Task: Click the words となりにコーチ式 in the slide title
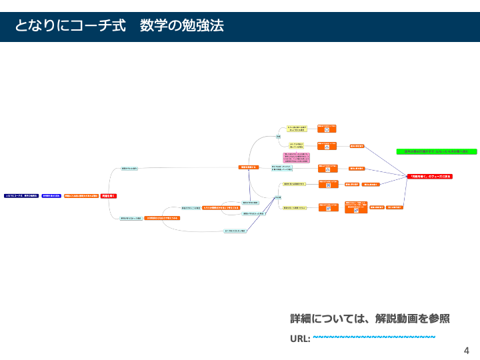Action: [x=70, y=26]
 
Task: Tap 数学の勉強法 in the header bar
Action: [x=182, y=26]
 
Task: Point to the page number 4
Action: [x=467, y=350]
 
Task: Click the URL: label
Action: [x=300, y=339]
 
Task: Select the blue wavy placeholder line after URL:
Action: [x=374, y=337]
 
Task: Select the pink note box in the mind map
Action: [x=296, y=158]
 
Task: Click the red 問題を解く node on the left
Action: [x=109, y=196]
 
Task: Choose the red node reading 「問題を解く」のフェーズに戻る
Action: [x=430, y=176]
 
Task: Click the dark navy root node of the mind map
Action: [x=21, y=196]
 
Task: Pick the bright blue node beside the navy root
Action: [x=51, y=196]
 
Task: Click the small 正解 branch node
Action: [x=278, y=137]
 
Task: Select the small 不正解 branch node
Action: [x=278, y=198]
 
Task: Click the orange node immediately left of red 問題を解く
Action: [x=81, y=196]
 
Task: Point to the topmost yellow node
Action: [x=297, y=128]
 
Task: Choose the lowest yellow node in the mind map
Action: [x=294, y=208]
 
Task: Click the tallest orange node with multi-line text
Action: [x=355, y=207]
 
